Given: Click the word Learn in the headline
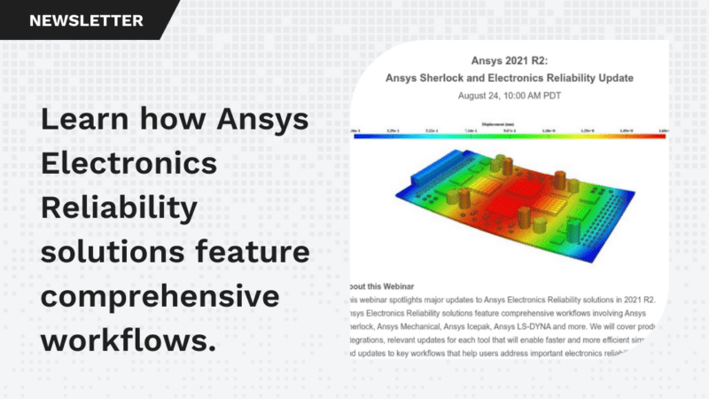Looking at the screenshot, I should (x=82, y=120).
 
